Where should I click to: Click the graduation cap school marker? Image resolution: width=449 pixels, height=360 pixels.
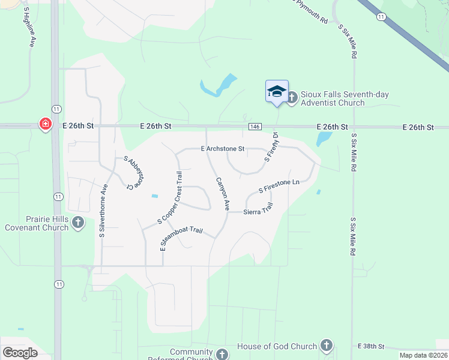277,91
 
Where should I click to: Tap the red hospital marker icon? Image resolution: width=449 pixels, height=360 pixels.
45,124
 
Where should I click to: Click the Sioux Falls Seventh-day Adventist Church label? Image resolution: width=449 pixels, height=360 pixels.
333,98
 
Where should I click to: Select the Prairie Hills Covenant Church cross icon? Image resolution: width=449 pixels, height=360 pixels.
78,223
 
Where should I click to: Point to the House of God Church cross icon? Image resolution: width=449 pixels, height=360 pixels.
326,346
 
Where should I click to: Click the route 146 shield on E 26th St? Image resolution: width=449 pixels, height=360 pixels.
255,127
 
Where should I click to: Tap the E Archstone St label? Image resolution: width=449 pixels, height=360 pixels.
223,148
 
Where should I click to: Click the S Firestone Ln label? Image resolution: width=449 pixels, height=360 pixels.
279,186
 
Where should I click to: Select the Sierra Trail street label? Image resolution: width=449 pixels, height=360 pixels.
259,209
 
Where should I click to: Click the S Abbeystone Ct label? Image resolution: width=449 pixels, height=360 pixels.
137,173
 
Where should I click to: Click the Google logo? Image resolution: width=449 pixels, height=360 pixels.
20,352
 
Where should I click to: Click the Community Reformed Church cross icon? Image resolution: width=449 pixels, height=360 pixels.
223,354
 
